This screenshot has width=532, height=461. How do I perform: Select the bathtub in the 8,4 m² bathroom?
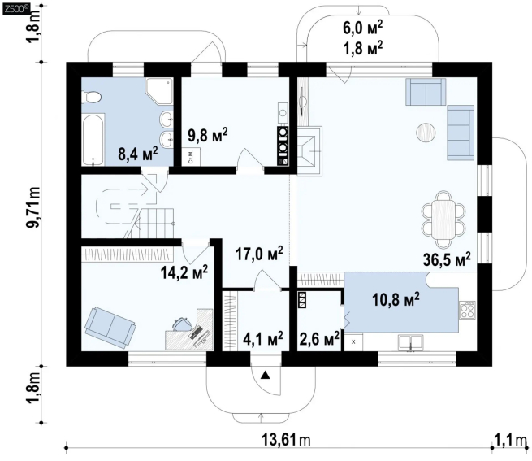(93, 140)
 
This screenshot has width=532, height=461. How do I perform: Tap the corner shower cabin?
(159, 90)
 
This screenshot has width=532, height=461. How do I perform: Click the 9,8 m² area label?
(207, 135)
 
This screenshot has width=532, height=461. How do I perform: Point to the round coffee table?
(426, 133)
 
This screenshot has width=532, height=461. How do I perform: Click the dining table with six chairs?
(443, 220)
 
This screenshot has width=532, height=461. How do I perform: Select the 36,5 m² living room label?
(447, 259)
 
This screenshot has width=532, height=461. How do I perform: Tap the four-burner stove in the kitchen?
(467, 310)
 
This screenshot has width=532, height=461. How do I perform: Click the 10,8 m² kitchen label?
(396, 299)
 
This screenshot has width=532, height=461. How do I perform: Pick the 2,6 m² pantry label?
(319, 338)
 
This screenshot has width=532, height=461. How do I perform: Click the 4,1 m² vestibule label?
(263, 338)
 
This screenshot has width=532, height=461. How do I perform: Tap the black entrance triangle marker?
(265, 375)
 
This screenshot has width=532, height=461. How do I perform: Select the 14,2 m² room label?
(184, 272)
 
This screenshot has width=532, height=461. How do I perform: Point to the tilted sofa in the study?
(110, 328)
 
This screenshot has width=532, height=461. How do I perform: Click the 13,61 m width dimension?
(286, 440)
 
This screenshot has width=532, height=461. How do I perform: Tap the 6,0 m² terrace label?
(363, 28)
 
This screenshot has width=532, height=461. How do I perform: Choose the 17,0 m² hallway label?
(259, 254)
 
